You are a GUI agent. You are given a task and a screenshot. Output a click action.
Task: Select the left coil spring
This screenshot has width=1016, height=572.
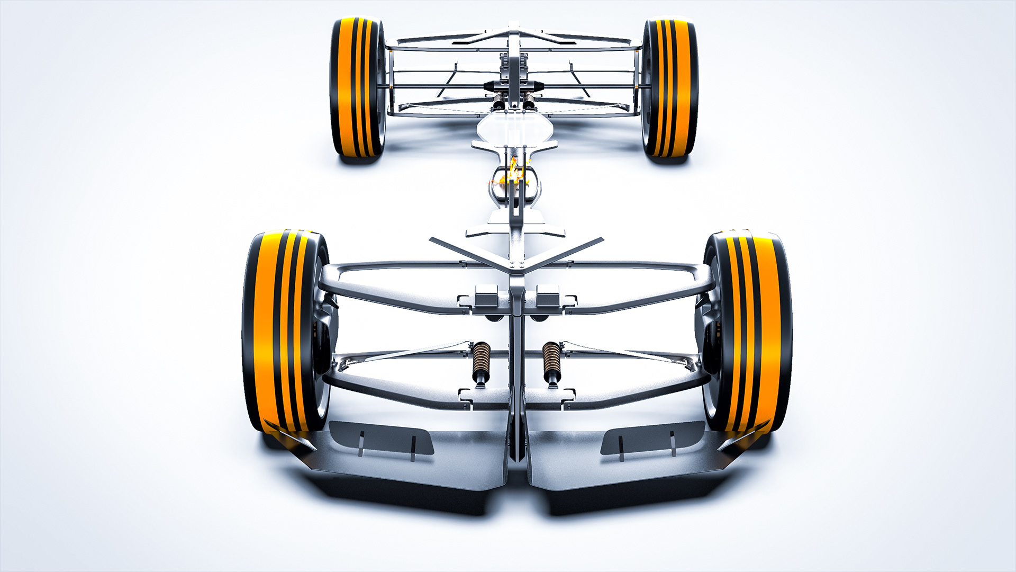point(481,360)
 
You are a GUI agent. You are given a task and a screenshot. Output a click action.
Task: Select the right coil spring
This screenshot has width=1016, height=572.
point(551,360)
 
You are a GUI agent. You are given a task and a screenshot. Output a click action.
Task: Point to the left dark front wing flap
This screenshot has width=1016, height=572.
point(381,437)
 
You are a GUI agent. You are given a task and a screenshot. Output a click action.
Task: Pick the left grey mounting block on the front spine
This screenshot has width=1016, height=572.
point(486,297)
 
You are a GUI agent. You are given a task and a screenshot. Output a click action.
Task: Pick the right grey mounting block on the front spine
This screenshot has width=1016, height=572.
point(548,297)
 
